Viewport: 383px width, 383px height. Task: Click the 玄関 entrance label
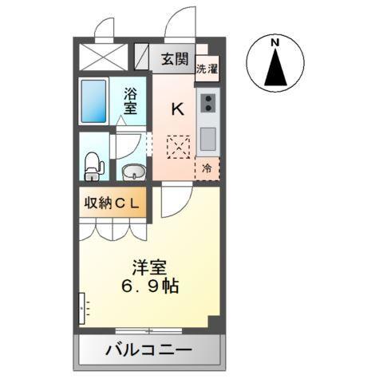coord(175,58)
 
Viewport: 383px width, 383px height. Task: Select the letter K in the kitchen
coord(177,109)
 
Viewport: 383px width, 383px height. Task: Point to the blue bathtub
coord(93,101)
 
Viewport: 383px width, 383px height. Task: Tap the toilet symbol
coord(93,166)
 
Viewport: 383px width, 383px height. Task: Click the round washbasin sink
coord(132,171)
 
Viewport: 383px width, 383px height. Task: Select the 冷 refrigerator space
coord(207,168)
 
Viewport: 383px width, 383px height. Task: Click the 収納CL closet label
coord(113,203)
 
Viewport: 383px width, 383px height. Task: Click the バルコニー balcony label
coord(148,349)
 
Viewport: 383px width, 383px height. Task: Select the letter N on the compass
coord(274,42)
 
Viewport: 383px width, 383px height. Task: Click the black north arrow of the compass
coord(274,67)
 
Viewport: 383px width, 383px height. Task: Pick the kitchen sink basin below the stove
coord(207,138)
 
